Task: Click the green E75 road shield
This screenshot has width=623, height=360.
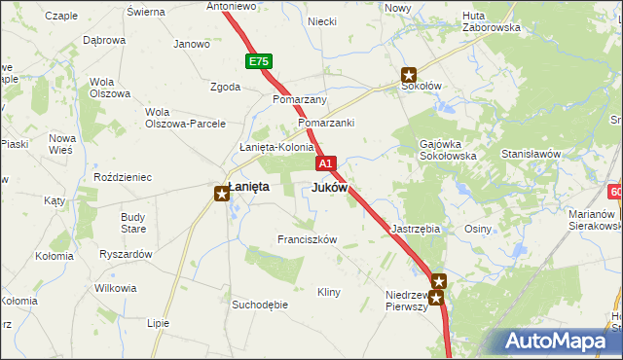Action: click(x=258, y=61)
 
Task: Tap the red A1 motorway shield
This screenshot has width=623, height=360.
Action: click(x=326, y=163)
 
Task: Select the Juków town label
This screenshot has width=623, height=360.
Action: click(x=329, y=187)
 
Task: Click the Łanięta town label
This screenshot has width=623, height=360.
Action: click(x=248, y=186)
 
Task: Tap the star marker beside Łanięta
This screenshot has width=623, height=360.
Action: click(x=223, y=194)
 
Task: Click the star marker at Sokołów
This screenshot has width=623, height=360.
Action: click(x=409, y=75)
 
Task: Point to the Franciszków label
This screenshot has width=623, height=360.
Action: click(x=307, y=239)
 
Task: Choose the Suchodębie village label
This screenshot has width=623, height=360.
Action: click(x=260, y=305)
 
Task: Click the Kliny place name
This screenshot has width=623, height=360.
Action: click(x=329, y=292)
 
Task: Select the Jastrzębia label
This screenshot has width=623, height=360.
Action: click(x=416, y=229)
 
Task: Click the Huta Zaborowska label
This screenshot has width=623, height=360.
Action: click(x=492, y=21)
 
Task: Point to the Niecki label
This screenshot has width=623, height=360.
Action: click(x=322, y=20)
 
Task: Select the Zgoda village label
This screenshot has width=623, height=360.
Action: click(x=225, y=87)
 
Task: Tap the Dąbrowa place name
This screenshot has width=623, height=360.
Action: click(x=104, y=41)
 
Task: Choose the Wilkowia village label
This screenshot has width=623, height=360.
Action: click(x=115, y=289)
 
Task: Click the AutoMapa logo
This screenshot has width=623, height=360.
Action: click(x=555, y=341)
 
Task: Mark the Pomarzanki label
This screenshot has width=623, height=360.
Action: click(x=326, y=124)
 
